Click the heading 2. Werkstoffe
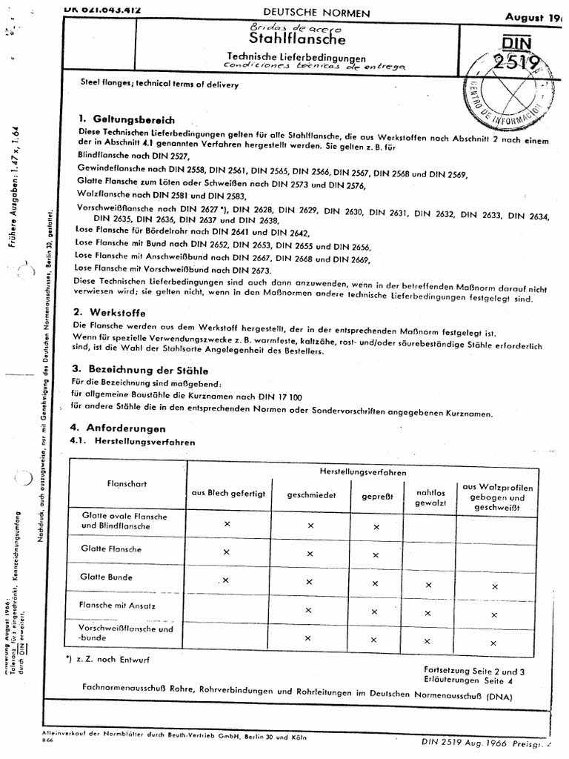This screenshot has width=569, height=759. tap(112, 313)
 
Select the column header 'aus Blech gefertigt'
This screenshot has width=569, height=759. tap(228, 494)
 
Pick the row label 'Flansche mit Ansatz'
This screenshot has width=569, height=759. tap(117, 605)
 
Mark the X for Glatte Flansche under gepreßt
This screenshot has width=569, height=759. tap(376, 554)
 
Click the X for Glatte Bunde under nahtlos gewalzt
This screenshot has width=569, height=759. tap(428, 585)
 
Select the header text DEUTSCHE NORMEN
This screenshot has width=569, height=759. tap(306, 13)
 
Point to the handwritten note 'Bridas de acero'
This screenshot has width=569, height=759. tap(284, 25)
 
